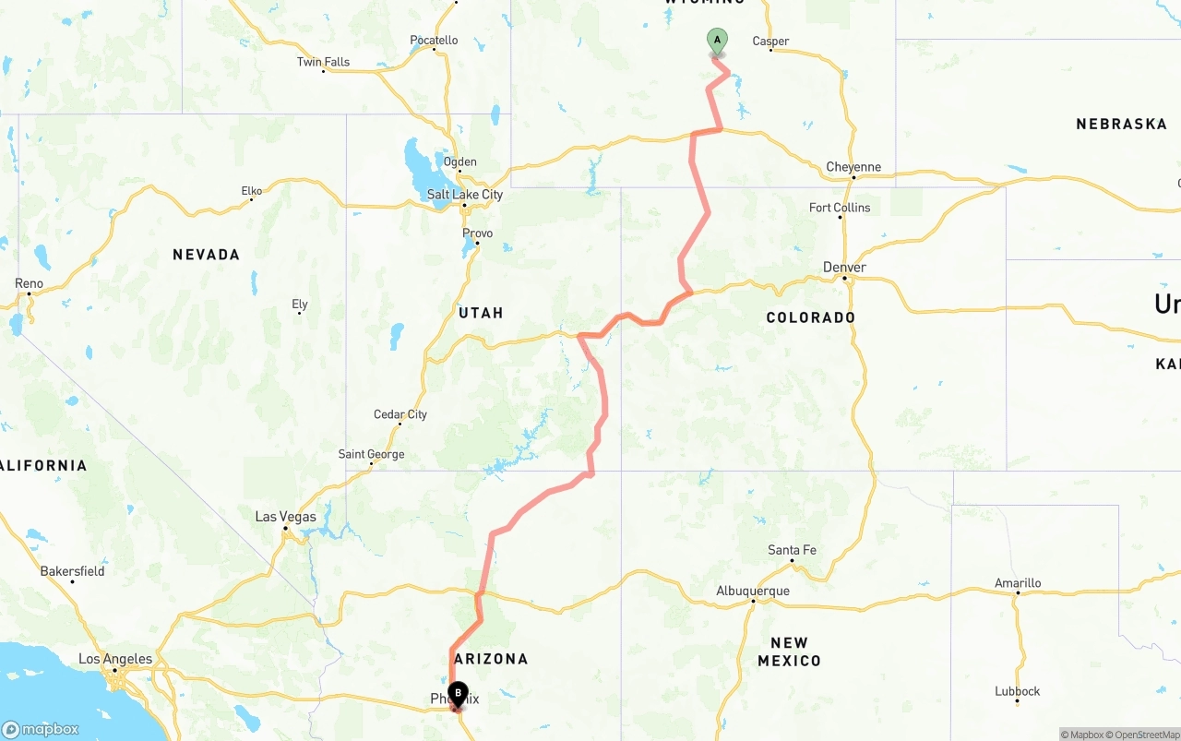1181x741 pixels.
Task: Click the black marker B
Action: [x=459, y=694]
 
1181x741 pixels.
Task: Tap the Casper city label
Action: [x=770, y=41]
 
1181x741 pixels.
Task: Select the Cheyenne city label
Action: [x=853, y=167]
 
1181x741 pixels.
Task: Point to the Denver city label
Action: [x=844, y=268]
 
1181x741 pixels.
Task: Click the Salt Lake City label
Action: [x=465, y=195]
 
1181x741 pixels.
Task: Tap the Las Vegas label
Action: [x=285, y=517]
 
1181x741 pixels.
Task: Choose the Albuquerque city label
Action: [x=753, y=591]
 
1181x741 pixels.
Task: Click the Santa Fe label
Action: [x=792, y=550]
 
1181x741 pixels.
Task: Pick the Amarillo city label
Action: [x=1018, y=583]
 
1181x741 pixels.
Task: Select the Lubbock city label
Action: [x=1018, y=691]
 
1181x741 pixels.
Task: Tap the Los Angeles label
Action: [x=115, y=659]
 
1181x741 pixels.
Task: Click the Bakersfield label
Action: [x=72, y=571]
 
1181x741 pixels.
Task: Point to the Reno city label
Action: [x=29, y=283]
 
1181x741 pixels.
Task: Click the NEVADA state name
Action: [x=206, y=255]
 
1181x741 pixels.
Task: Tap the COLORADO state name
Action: [x=811, y=317]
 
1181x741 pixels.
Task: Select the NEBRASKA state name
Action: [x=1121, y=124]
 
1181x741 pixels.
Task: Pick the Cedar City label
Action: [x=400, y=414]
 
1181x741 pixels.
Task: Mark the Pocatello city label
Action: [x=434, y=40]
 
